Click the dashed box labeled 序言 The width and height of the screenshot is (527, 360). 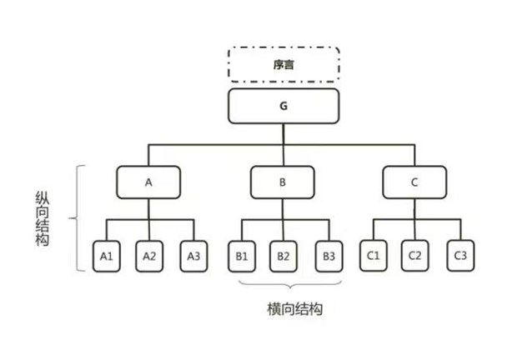(x=284, y=63)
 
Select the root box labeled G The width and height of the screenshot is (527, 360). (x=284, y=106)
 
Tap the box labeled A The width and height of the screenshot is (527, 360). (x=149, y=182)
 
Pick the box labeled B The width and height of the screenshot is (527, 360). (x=283, y=182)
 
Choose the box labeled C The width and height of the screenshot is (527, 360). (x=415, y=182)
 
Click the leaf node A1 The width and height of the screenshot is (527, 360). (x=107, y=256)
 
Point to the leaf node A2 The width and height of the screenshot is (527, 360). (x=149, y=256)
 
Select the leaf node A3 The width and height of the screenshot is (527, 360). (x=193, y=256)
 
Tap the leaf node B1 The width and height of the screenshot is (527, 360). (x=240, y=256)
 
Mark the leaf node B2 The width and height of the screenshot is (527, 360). (x=284, y=256)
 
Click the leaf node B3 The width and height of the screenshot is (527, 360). (x=327, y=256)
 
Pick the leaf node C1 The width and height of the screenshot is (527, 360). (x=373, y=255)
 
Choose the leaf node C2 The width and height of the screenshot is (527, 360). (x=415, y=255)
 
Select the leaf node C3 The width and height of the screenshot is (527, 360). (x=459, y=255)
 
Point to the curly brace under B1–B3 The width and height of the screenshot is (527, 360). (x=284, y=286)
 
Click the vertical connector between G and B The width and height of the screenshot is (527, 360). (x=284, y=155)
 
